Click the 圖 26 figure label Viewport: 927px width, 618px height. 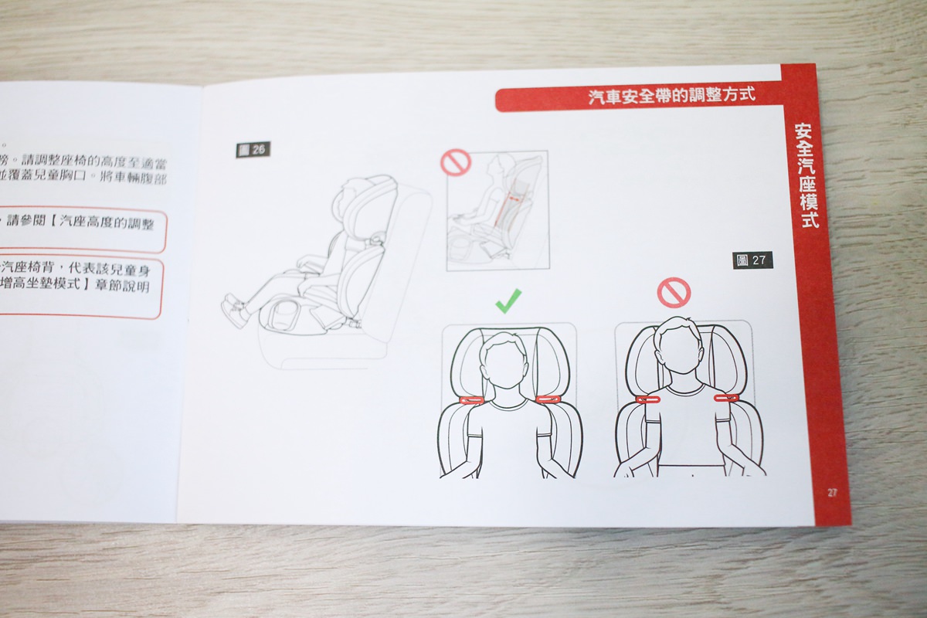253,150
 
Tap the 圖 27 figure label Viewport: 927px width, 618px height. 752,260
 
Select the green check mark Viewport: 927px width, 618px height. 508,300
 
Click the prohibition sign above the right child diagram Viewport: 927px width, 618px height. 673,291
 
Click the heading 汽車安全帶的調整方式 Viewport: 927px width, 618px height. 671,97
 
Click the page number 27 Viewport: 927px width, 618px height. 832,492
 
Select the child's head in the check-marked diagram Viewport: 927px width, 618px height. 509,362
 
